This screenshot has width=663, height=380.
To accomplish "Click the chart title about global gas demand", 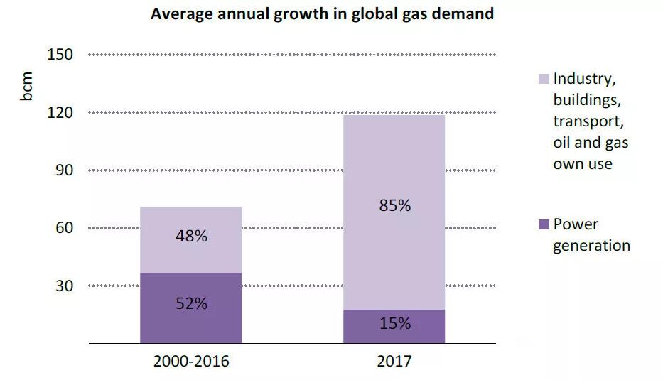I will (322, 14).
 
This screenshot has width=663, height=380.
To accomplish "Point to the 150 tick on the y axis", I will (60, 55).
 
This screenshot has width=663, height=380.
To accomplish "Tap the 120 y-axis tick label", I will (60, 112).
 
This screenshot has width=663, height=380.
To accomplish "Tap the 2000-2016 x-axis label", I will (191, 361).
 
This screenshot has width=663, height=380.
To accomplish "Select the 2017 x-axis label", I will (394, 361).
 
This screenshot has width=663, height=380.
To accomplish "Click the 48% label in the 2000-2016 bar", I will (191, 237).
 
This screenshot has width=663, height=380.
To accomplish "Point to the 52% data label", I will (191, 303).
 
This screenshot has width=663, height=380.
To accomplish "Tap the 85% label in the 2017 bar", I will (394, 206).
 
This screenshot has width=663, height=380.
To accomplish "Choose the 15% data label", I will (394, 323).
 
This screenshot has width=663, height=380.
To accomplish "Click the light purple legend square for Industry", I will (544, 78).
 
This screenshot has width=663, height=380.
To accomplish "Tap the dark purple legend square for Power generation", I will (544, 224).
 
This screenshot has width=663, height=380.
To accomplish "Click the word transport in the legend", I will (588, 121).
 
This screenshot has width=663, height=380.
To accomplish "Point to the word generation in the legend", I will (592, 246).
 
